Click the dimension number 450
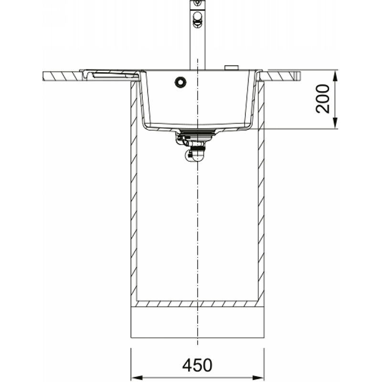point(197,365)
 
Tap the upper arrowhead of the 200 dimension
point(335,76)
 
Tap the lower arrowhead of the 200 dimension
point(335,123)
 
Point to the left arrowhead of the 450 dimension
point(137,378)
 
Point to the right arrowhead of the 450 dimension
point(259,378)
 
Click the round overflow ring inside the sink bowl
point(180,82)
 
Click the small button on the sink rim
point(232,68)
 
